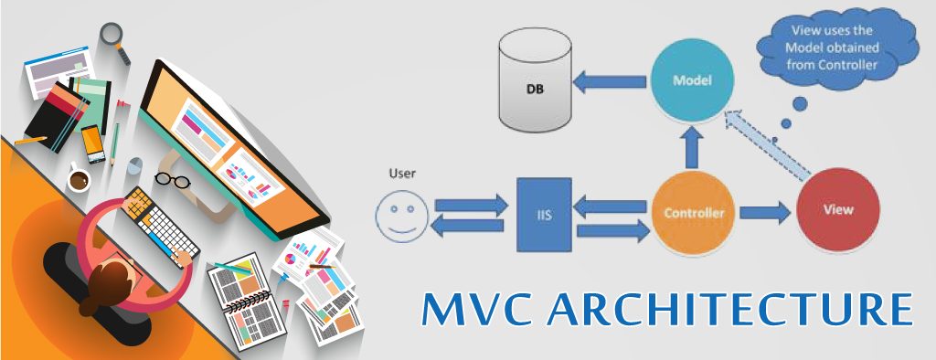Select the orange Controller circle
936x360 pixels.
[694, 214]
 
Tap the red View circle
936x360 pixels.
[838, 209]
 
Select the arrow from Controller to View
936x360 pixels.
[764, 214]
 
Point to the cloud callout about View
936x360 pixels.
[831, 50]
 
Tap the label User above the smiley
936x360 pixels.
[401, 173]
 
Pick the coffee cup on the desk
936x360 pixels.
[79, 178]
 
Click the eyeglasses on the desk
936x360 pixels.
[172, 177]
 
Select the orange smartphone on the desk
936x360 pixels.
[93, 143]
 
